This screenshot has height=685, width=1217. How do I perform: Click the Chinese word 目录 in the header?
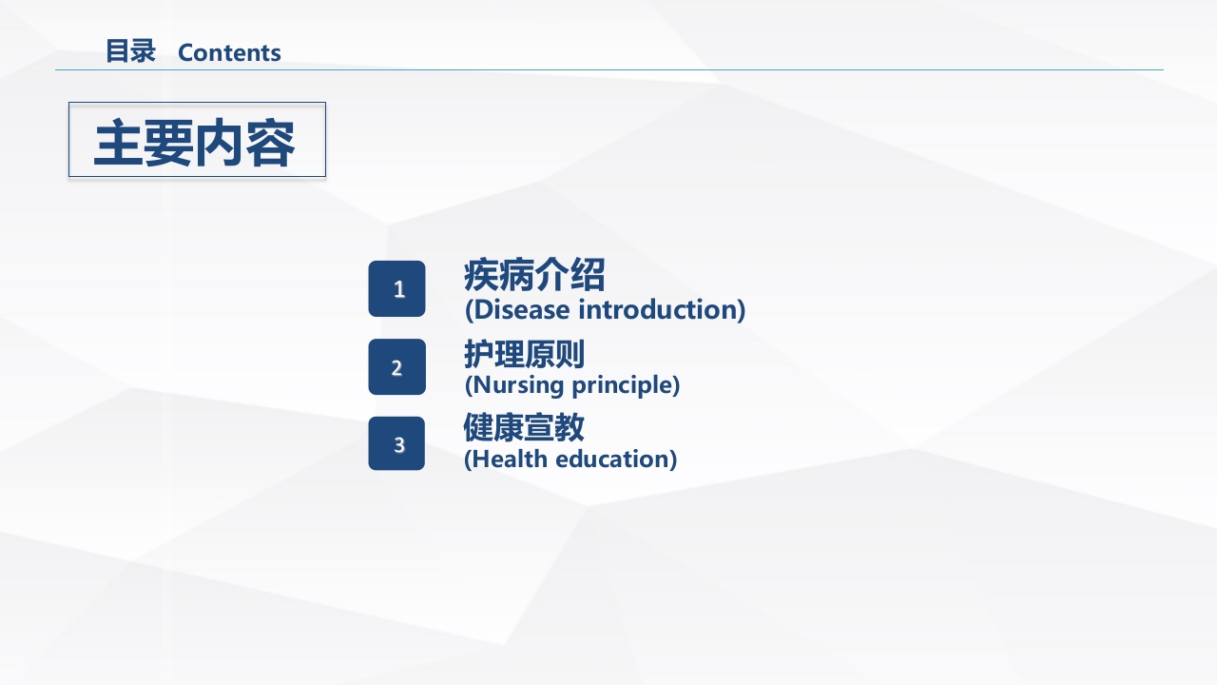[130, 51]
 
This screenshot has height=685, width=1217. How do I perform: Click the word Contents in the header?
[229, 52]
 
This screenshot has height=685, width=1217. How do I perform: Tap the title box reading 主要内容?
[197, 140]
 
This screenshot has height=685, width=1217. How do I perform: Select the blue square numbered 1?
[397, 289]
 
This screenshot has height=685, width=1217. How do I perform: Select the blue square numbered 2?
[397, 367]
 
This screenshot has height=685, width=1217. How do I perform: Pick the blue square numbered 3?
[397, 444]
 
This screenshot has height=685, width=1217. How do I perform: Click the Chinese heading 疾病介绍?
[533, 276]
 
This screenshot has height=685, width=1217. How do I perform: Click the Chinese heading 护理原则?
[524, 355]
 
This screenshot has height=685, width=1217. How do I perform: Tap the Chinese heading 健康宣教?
[524, 428]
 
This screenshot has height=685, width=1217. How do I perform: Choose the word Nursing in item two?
[518, 385]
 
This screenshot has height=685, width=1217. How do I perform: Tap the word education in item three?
[615, 459]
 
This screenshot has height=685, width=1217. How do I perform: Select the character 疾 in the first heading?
[481, 276]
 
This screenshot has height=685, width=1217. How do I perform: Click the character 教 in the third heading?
[570, 428]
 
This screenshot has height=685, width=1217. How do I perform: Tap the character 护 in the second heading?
[478, 355]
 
